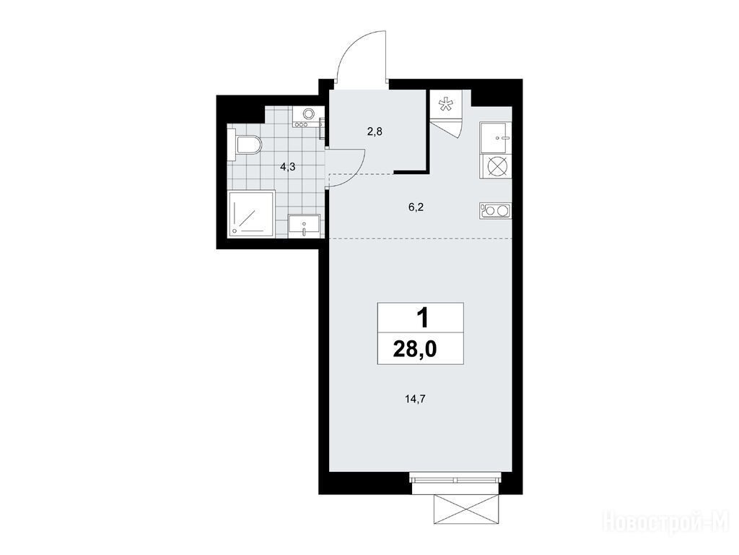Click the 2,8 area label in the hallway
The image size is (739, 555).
click(375, 132)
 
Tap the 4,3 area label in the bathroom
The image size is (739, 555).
click(287, 167)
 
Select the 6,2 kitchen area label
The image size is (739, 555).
click(416, 207)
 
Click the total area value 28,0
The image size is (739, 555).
click(415, 350)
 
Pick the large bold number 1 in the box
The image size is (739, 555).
click(423, 318)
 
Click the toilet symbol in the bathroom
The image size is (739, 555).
click(244, 145)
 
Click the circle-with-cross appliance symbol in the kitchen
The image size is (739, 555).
click(496, 167)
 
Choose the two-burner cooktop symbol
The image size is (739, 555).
click(496, 210)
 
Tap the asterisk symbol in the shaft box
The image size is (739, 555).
click(445, 104)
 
